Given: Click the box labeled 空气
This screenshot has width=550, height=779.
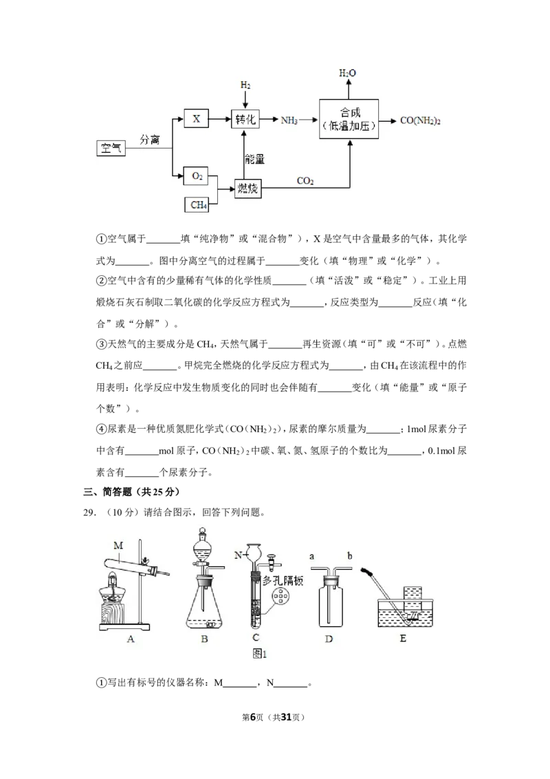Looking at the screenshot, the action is pyautogui.click(x=111, y=148).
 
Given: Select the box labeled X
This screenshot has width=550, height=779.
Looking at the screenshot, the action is pyautogui.click(x=196, y=119).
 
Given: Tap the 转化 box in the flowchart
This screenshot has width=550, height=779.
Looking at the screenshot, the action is pyautogui.click(x=245, y=119).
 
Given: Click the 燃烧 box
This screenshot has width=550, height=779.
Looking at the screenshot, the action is pyautogui.click(x=247, y=189).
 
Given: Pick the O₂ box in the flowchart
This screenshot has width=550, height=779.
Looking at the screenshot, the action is pyautogui.click(x=197, y=176).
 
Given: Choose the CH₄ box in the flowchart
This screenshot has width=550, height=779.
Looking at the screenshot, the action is pyautogui.click(x=197, y=204).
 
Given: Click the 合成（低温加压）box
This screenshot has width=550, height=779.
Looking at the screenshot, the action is pyautogui.click(x=349, y=119).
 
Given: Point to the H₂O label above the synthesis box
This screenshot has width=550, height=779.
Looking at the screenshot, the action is pyautogui.click(x=347, y=73).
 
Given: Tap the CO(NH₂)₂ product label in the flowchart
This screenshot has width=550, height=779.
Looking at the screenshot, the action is pyautogui.click(x=421, y=120).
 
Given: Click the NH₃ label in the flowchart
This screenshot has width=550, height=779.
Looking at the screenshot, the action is pyautogui.click(x=289, y=120).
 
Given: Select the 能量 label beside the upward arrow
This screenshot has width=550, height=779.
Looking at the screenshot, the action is pyautogui.click(x=254, y=159).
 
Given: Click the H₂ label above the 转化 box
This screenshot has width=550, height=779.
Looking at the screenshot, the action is pyautogui.click(x=245, y=85).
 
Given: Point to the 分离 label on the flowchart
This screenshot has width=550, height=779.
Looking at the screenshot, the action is pyautogui.click(x=149, y=140).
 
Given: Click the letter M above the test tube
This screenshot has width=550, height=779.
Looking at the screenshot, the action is pyautogui.click(x=118, y=545).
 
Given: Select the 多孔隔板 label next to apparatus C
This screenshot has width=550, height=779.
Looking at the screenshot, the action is pyautogui.click(x=283, y=580).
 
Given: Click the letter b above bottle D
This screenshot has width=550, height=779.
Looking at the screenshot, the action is pyautogui.click(x=349, y=556).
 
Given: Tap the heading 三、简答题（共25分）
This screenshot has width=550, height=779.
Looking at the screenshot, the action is pyautogui.click(x=131, y=492).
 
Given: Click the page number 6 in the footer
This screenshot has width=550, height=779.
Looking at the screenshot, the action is pyautogui.click(x=253, y=717).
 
